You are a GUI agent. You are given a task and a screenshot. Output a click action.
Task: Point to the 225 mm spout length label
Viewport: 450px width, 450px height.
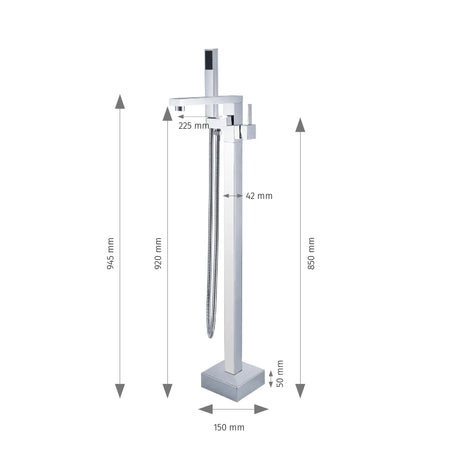tap(194, 127)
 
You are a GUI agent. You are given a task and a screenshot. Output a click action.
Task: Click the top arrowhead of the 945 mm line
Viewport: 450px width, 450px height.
tap(120, 101)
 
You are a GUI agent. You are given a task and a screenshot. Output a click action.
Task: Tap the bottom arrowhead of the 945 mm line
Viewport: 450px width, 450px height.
tap(120, 392)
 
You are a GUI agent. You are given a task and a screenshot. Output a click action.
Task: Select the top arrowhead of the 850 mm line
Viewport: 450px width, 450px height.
tap(300, 124)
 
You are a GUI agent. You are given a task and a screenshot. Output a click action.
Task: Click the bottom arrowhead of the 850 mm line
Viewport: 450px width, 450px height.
tap(300, 392)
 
